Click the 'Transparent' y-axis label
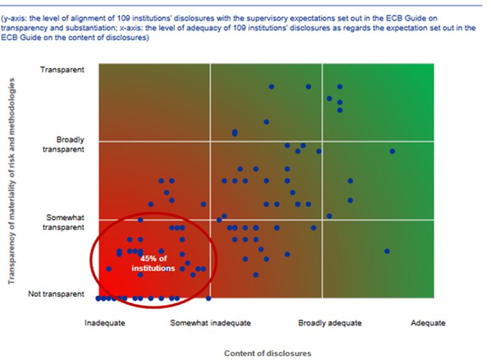point(62,70)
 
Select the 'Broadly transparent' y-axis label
point(70,144)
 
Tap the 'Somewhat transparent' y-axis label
point(68,223)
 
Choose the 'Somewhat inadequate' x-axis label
point(211,323)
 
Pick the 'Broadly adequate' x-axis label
point(330,323)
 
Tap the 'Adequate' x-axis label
point(428,323)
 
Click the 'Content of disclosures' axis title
point(268,353)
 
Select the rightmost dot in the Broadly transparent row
point(392,151)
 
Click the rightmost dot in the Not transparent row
point(209,298)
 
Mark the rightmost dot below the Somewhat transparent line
point(387,251)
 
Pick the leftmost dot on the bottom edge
point(98,298)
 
